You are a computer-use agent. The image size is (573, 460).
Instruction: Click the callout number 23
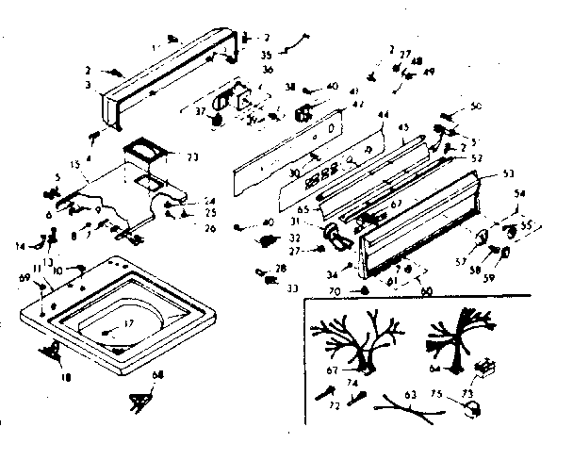coord(194,156)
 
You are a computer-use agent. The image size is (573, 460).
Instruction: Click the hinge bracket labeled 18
coord(53,350)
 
